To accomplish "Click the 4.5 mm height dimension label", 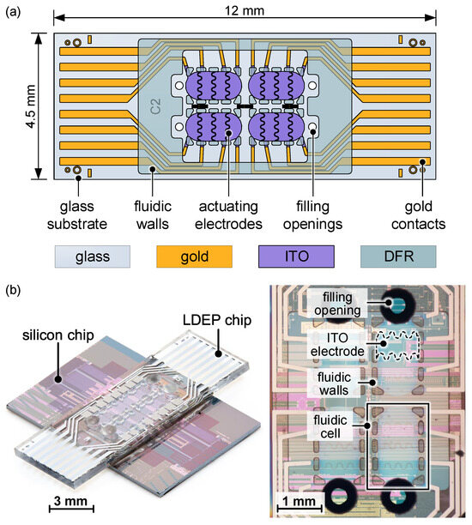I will click(x=15, y=106).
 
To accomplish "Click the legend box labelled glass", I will click(x=93, y=256).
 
